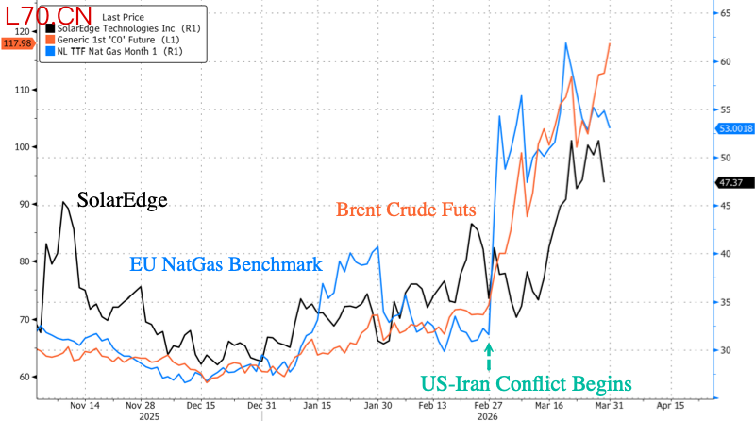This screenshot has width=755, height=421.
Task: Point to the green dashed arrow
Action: pos(489,355)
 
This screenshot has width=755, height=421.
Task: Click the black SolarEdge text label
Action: pos(122,200)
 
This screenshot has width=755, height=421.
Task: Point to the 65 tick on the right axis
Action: pos(728,13)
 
